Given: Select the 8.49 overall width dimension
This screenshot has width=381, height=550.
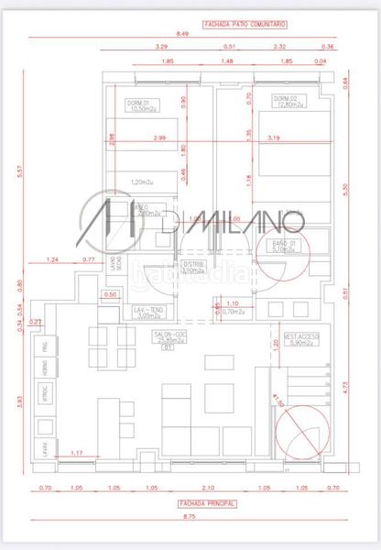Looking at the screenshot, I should (x=183, y=33).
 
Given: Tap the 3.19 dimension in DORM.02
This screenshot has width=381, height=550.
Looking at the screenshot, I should (x=273, y=137).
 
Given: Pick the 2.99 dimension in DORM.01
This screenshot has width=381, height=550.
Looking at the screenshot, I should (x=160, y=137).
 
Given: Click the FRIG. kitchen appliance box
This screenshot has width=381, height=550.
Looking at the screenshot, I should (x=43, y=346).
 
